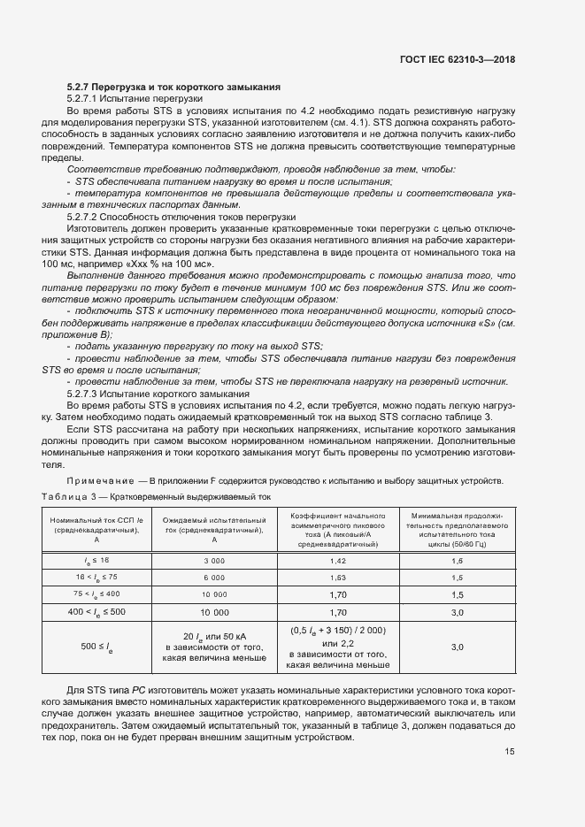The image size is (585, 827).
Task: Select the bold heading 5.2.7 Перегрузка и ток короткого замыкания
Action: click(174, 88)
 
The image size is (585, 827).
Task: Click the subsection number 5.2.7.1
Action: click(86, 98)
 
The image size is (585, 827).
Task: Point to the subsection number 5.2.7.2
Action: click(86, 215)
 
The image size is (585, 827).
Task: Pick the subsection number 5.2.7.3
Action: click(86, 392)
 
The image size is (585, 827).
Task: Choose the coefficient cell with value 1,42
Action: click(337, 562)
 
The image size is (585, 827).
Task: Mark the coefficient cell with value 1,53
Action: click(337, 577)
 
